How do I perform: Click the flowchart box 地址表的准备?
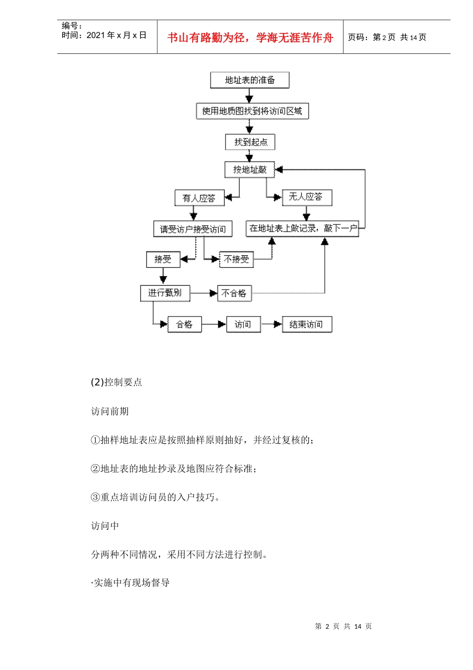pyautogui.click(x=249, y=80)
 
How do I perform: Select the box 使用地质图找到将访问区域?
pyautogui.click(x=252, y=111)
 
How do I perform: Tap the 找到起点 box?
pyautogui.click(x=250, y=142)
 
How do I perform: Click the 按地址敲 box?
pyautogui.click(x=249, y=169)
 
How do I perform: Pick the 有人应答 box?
pyautogui.click(x=199, y=198)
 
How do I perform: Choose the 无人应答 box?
pyautogui.click(x=306, y=197)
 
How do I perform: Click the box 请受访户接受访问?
pyautogui.click(x=193, y=229)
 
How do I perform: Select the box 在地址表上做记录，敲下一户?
pyautogui.click(x=302, y=228)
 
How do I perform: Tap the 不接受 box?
pyautogui.click(x=236, y=259)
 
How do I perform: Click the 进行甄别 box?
pyautogui.click(x=165, y=293)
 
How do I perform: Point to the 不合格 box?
pyautogui.click(x=234, y=293)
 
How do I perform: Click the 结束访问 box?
pyautogui.click(x=306, y=325)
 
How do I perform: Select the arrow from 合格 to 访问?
pyautogui.click(x=214, y=325)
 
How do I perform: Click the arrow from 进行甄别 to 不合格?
pyautogui.click(x=204, y=293)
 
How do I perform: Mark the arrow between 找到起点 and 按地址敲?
pyautogui.click(x=249, y=156)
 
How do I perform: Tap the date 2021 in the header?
pyautogui.click(x=96, y=35)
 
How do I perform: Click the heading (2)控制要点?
pyautogui.click(x=117, y=382)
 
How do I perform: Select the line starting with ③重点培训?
pyautogui.click(x=155, y=497)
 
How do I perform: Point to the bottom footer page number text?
pyautogui.click(x=343, y=627)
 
